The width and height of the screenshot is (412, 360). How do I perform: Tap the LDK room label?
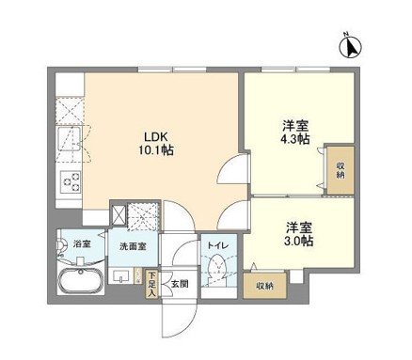154,133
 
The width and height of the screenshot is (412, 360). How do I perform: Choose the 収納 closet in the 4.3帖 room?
340,170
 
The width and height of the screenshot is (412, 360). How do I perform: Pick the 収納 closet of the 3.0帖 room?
264,286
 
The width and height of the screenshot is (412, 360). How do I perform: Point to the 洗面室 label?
131,247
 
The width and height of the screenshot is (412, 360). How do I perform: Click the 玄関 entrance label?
179,283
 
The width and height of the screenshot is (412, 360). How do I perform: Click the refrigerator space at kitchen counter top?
71,107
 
